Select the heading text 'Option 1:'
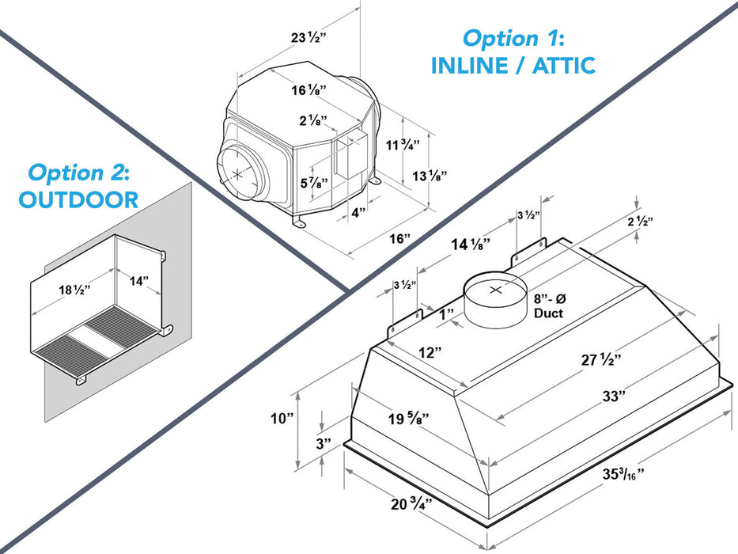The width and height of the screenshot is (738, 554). click(513, 37)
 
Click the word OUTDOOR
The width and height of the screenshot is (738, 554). click(78, 199)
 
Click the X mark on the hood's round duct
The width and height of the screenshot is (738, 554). click(496, 290)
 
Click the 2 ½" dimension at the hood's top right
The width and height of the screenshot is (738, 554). click(639, 222)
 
